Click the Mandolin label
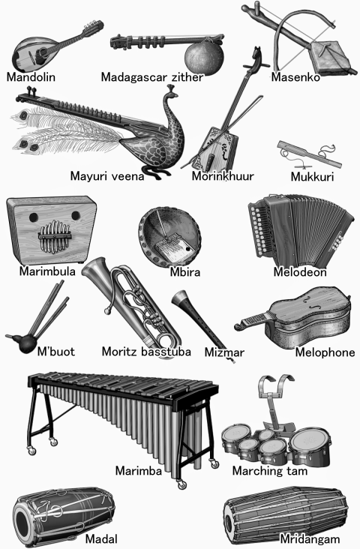[31, 77]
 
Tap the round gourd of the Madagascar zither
[204, 57]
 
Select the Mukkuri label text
[312, 176]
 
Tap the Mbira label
[185, 272]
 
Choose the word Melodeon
[300, 271]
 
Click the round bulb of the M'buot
[25, 343]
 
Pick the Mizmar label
[224, 352]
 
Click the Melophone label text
[325, 352]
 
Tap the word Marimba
[139, 470]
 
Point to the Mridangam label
[310, 538]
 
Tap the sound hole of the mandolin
[41, 52]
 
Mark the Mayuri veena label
[107, 175]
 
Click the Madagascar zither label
[152, 77]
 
